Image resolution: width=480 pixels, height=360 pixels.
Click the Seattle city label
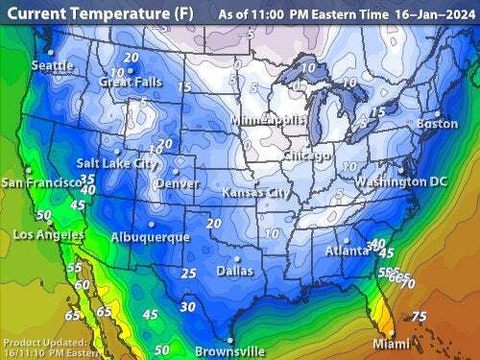tap(53, 65)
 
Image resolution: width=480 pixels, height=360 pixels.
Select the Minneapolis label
tap(270, 120)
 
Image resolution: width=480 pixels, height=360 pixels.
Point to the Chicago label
tap(307, 155)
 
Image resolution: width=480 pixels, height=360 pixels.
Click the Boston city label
tap(438, 124)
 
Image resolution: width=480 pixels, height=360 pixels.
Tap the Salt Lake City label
tap(118, 164)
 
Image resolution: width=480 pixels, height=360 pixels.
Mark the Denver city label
tap(177, 183)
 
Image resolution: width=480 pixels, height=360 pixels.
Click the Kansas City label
tap(256, 193)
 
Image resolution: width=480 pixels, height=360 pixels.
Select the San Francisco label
tap(39, 182)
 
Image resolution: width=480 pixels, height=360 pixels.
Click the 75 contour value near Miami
tap(418, 317)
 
